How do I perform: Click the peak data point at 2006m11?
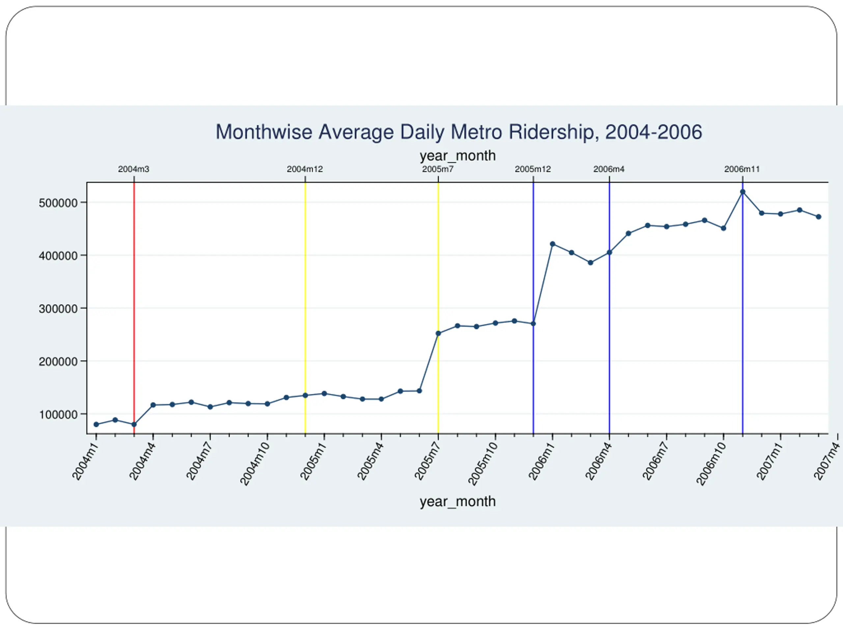[742, 192]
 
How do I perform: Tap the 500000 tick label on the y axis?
[58, 203]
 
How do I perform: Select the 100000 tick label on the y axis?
[58, 414]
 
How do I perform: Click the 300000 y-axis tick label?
[58, 308]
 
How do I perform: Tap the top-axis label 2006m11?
[742, 169]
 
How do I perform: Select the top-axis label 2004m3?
[134, 169]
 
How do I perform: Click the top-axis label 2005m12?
[533, 169]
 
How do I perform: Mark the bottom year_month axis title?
[458, 501]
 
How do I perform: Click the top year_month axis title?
[458, 156]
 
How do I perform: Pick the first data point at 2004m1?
[96, 424]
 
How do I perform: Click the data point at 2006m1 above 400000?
[553, 244]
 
